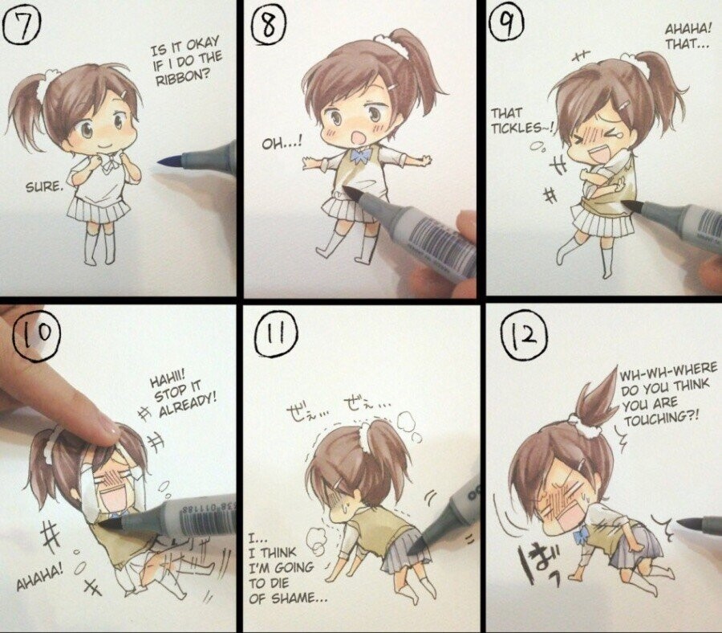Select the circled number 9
(x=506, y=24)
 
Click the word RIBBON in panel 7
(x=181, y=76)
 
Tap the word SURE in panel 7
(x=43, y=186)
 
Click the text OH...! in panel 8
(x=282, y=143)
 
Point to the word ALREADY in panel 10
(x=187, y=405)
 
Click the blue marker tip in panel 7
(x=169, y=161)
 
